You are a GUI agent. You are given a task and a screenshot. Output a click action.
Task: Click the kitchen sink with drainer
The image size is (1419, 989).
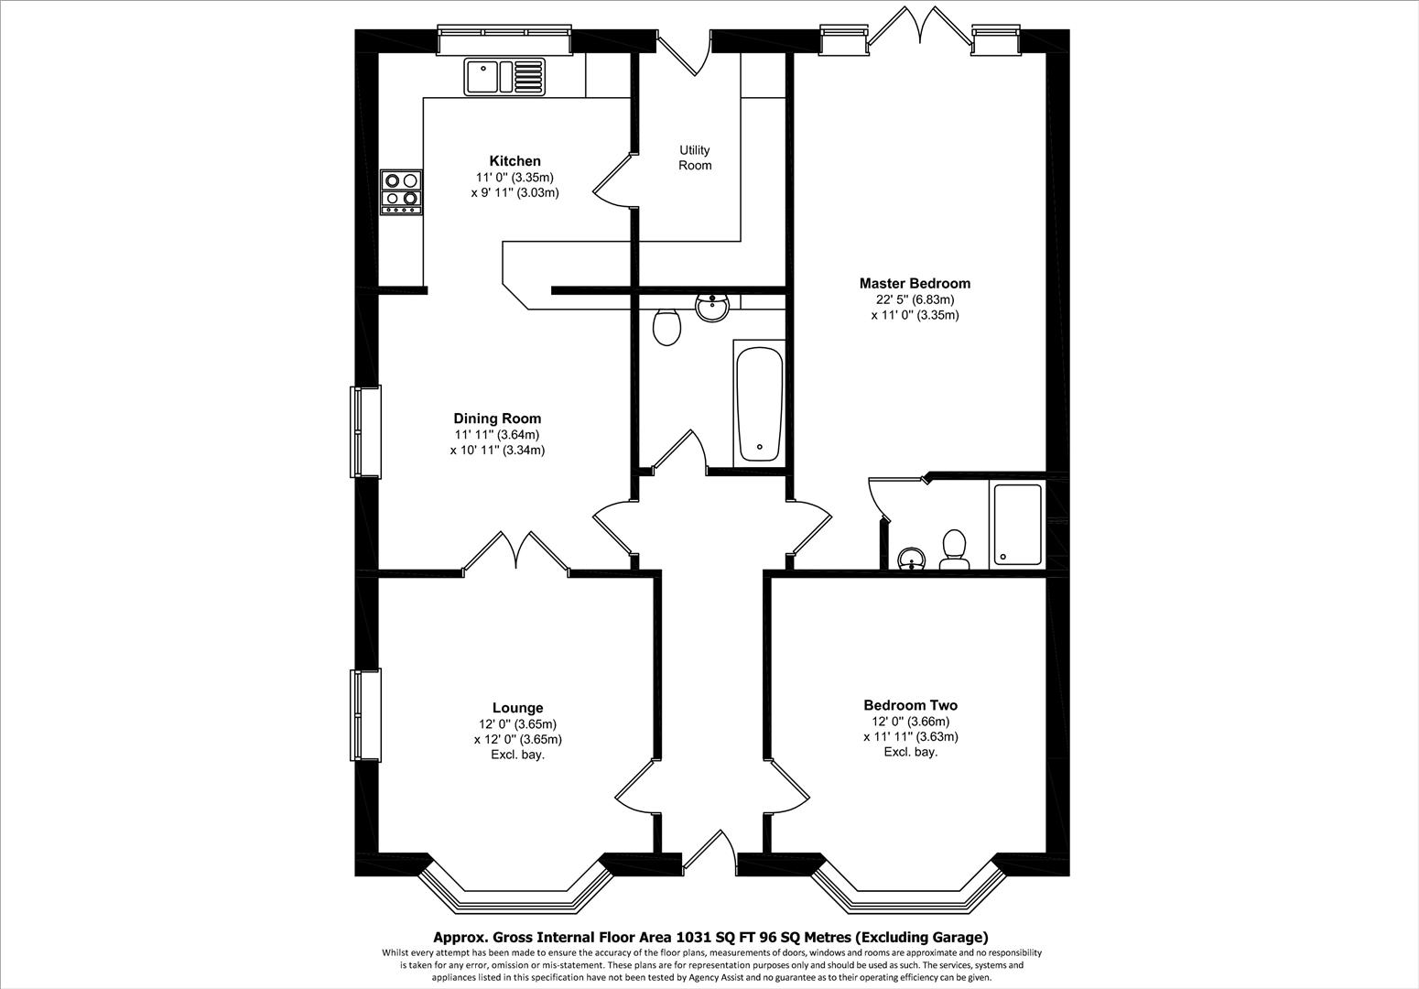[504, 76]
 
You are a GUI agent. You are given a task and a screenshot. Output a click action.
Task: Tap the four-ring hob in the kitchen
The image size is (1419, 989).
[402, 192]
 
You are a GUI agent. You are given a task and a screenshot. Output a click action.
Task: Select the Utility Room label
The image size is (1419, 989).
[695, 158]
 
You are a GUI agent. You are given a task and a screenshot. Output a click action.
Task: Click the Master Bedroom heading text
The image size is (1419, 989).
[914, 283]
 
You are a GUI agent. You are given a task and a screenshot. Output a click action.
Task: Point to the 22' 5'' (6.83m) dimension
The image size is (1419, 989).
[915, 299]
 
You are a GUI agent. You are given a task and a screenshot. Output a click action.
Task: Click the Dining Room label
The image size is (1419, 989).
[497, 418]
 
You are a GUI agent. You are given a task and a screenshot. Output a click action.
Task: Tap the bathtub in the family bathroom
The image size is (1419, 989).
[759, 403]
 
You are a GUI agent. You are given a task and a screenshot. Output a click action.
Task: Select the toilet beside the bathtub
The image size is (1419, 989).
[667, 327]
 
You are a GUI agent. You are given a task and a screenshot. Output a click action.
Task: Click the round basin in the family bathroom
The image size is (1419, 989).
[712, 308]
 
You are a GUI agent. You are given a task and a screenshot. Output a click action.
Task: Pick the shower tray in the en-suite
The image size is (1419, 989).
[1016, 524]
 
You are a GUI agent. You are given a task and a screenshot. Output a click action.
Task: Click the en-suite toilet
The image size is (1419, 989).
[955, 550]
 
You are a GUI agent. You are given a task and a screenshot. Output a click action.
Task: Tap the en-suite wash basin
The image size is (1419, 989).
[912, 559]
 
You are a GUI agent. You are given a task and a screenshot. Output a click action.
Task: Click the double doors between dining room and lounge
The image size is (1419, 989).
[516, 555]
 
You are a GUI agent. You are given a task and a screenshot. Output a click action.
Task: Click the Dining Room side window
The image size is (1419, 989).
[365, 431]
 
